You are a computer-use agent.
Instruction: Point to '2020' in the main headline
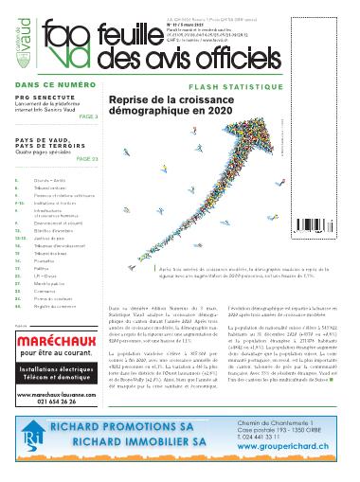click(203, 112)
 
